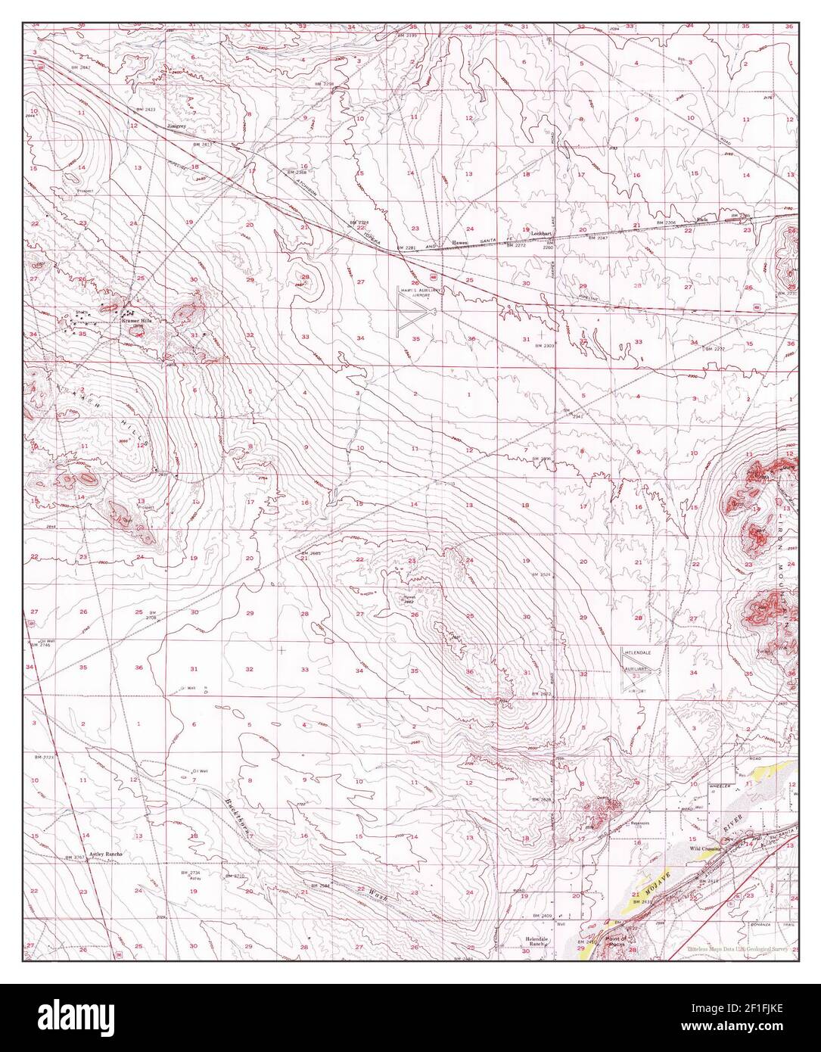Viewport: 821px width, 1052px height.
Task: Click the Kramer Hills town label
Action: click(x=137, y=322)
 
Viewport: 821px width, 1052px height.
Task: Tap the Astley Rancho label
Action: click(x=106, y=854)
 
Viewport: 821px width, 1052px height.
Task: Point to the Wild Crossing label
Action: click(x=705, y=848)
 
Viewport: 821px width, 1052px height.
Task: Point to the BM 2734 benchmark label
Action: click(x=190, y=873)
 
